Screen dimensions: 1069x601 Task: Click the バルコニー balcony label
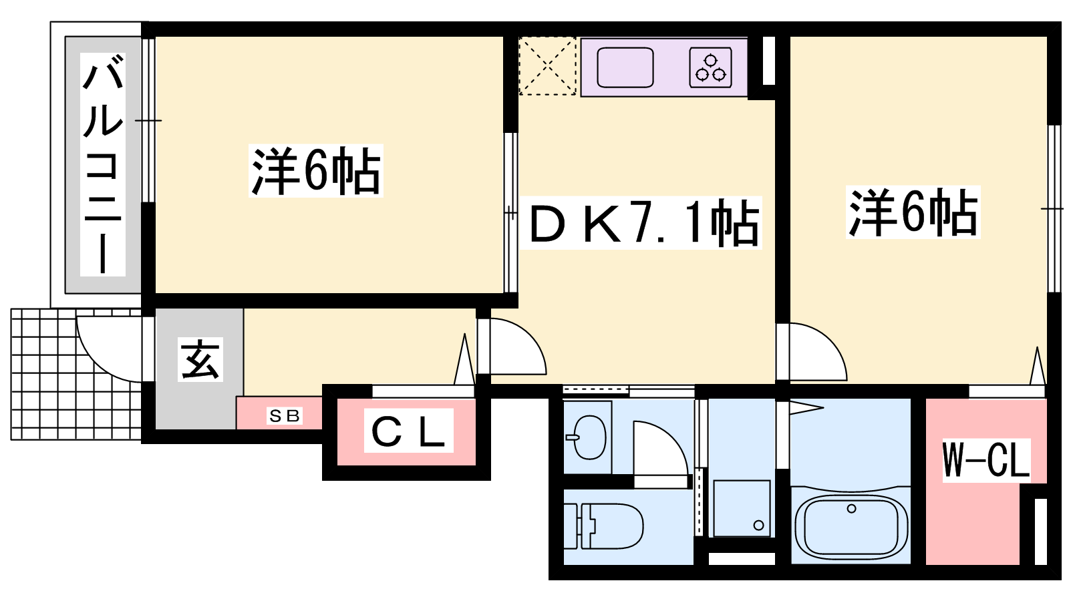click(x=103, y=164)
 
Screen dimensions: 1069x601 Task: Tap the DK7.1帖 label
click(x=644, y=223)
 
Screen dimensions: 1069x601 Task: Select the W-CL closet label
click(x=986, y=460)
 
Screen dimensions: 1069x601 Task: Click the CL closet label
click(x=408, y=431)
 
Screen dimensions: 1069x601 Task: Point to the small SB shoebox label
click(x=285, y=416)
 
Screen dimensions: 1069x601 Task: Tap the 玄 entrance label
click(x=200, y=359)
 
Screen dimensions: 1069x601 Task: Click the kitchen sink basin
click(x=625, y=67)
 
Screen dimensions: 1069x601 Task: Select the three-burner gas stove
click(x=710, y=67)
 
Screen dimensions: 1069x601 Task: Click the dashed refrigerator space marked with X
click(x=547, y=66)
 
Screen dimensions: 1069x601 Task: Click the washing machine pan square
click(x=742, y=509)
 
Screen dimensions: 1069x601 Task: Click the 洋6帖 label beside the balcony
click(x=315, y=171)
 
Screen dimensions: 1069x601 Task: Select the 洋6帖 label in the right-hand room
click(x=913, y=212)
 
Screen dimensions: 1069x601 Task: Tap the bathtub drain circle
click(x=851, y=509)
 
